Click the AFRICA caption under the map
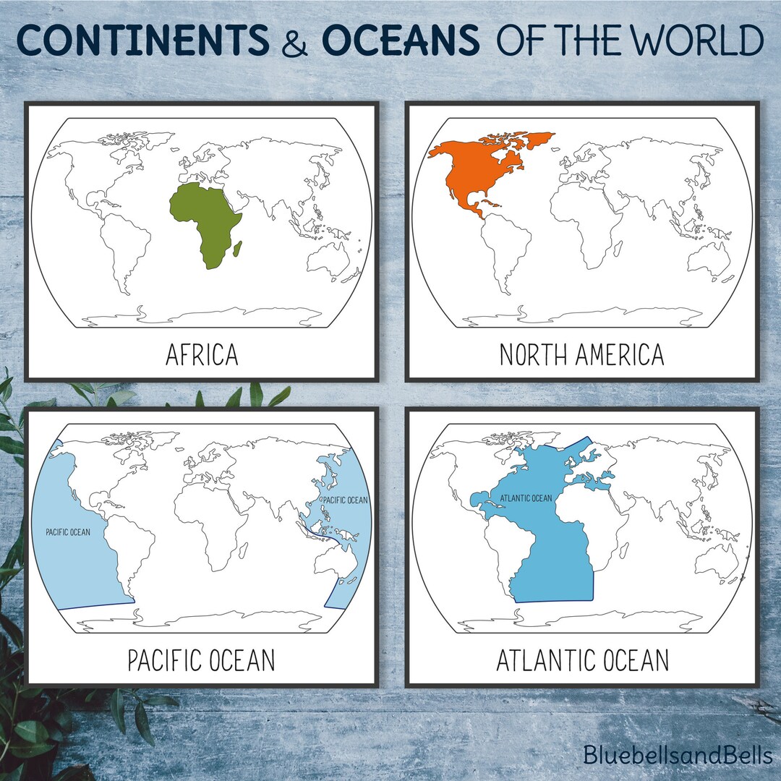(202, 355)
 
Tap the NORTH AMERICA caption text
(581, 355)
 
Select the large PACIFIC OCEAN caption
(202, 660)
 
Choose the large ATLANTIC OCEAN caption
(581, 660)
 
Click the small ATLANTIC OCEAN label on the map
(526, 498)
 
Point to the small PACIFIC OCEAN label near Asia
(345, 500)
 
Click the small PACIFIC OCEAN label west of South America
(68, 532)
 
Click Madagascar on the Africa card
(236, 251)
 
